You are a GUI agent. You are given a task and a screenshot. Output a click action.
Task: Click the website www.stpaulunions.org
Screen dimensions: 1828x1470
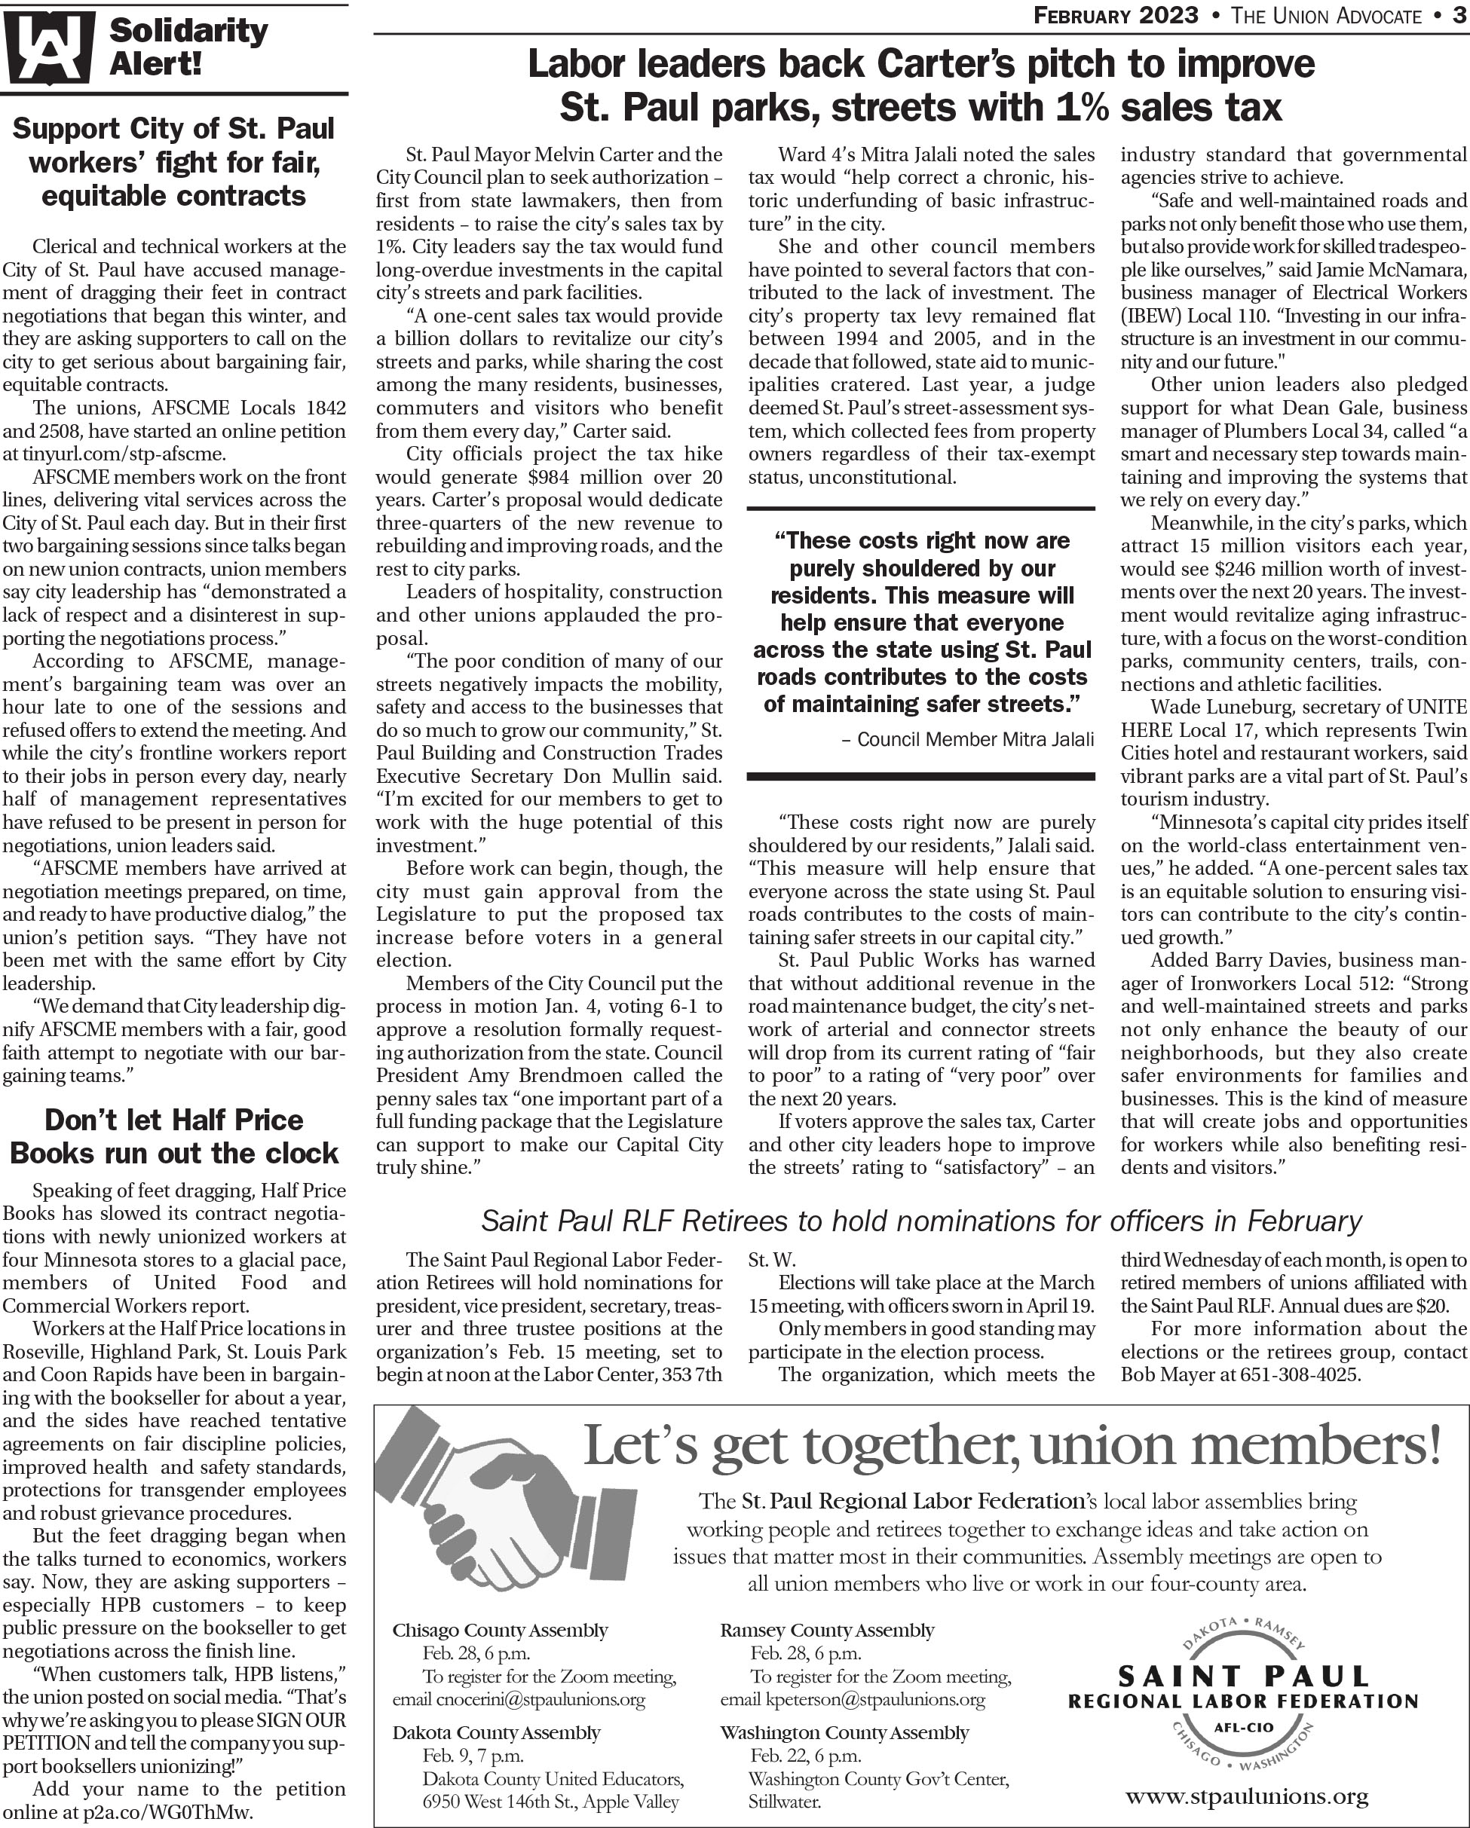pyautogui.click(x=1246, y=1795)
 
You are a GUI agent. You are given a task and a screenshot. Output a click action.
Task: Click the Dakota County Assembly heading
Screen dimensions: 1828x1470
pyautogui.click(x=496, y=1733)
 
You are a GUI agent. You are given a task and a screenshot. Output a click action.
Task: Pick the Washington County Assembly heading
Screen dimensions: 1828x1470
pyautogui.click(x=844, y=1733)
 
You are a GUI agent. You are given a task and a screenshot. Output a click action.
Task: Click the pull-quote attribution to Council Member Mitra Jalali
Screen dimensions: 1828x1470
pyautogui.click(x=967, y=739)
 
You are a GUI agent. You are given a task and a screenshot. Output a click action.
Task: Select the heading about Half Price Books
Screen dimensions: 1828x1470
pyautogui.click(x=174, y=1136)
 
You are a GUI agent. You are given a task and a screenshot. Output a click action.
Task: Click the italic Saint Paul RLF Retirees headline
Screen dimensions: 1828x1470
pyautogui.click(x=920, y=1221)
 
